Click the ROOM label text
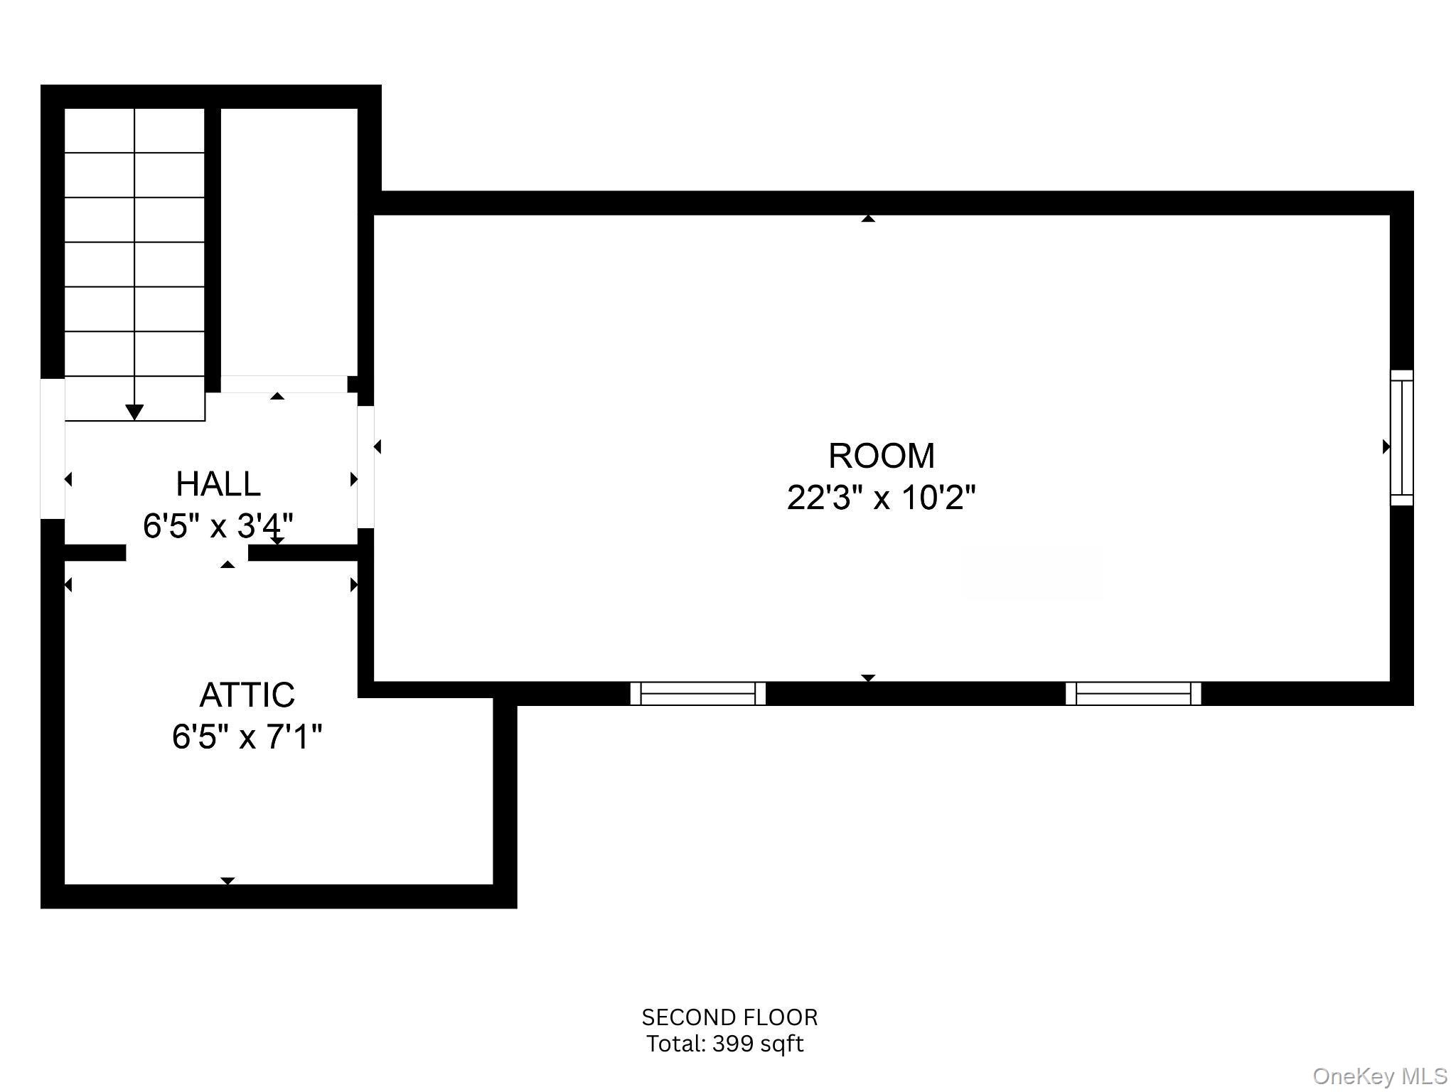click(882, 456)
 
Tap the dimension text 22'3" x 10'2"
click(882, 497)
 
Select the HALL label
click(218, 484)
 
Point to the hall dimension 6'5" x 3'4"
click(218, 526)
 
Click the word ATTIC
click(247, 695)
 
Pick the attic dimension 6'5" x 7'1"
click(247, 737)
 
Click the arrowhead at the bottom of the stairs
click(134, 412)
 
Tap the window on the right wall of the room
click(1402, 438)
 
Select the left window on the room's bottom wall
click(698, 693)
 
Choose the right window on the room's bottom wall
click(1133, 693)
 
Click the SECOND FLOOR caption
click(729, 1017)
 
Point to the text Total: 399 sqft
click(725, 1044)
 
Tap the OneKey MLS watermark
click(1380, 1076)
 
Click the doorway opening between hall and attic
click(188, 552)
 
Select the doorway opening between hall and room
click(365, 467)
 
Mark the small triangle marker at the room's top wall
click(868, 219)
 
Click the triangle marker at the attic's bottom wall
click(227, 881)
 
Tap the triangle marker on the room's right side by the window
click(1386, 446)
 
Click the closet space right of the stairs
click(289, 242)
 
